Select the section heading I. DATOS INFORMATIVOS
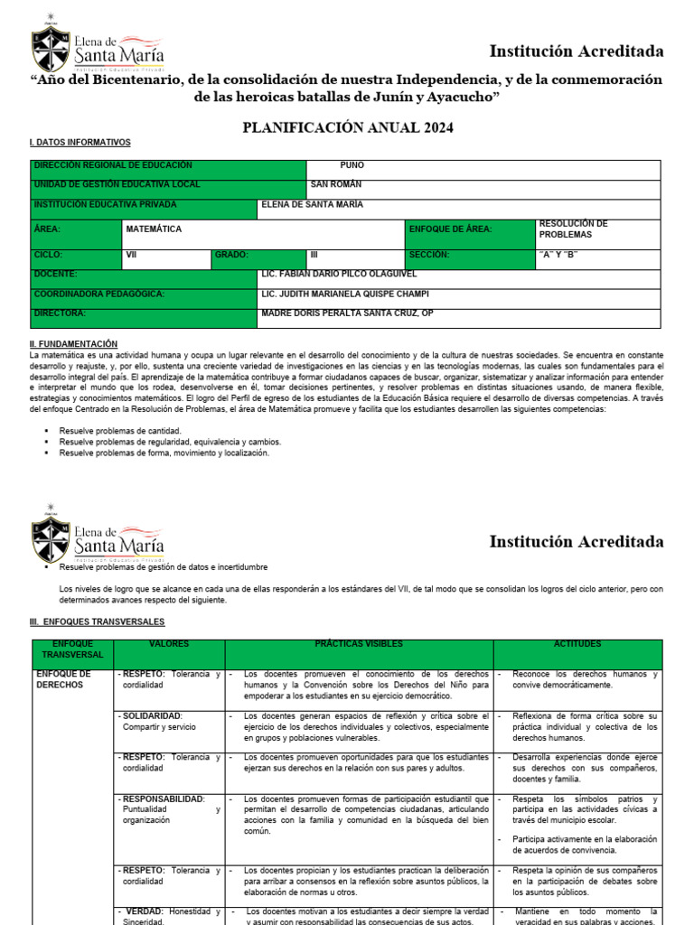(80, 143)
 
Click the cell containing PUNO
(352, 165)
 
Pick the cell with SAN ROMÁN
(335, 184)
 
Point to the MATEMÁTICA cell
(154, 229)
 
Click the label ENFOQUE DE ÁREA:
(450, 229)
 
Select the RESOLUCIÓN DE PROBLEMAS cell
(573, 229)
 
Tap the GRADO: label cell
(231, 256)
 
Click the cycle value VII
(131, 256)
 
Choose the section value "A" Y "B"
(558, 256)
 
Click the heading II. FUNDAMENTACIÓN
(73, 344)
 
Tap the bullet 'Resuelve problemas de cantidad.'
(120, 431)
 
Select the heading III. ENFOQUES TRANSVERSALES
(98, 622)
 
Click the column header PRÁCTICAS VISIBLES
(359, 644)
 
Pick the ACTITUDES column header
(577, 644)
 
